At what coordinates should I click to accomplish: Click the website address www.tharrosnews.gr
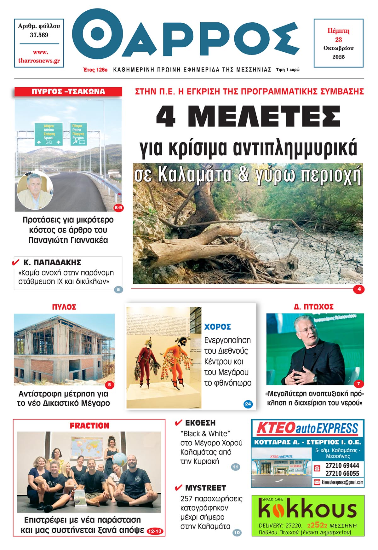click(39, 57)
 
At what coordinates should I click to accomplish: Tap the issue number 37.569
click(39, 35)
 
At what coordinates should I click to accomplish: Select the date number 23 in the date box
click(339, 40)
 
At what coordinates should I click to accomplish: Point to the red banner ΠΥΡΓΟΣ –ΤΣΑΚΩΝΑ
click(68, 92)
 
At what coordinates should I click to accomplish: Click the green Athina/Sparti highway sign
click(49, 134)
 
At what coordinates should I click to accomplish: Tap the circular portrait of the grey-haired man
click(35, 190)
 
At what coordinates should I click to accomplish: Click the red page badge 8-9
click(118, 208)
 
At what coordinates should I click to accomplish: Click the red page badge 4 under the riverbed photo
click(359, 289)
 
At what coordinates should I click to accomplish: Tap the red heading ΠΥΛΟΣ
click(64, 307)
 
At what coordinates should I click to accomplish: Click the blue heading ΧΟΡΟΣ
click(218, 327)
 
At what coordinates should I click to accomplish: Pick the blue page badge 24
click(248, 404)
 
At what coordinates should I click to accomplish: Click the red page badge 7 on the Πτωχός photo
click(359, 384)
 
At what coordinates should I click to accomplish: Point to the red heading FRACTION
click(89, 426)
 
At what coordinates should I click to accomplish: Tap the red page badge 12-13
click(155, 531)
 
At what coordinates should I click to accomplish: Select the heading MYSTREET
click(205, 488)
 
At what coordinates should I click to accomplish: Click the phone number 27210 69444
click(342, 466)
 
